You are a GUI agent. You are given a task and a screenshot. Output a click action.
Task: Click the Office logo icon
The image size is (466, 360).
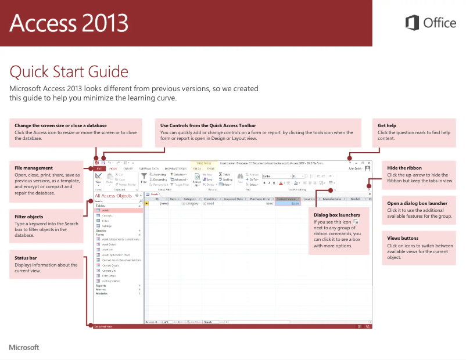[x=412, y=23]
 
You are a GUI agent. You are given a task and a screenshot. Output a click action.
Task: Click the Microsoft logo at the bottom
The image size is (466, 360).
[x=24, y=347]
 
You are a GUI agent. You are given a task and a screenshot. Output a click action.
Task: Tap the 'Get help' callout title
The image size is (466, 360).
[x=387, y=125]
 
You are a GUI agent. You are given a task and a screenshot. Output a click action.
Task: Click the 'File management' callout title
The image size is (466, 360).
[x=34, y=168]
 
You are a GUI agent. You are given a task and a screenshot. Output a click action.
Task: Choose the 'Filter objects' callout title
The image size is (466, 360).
[x=29, y=217]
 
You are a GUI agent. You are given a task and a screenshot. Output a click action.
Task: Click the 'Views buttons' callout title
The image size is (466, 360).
[x=403, y=238]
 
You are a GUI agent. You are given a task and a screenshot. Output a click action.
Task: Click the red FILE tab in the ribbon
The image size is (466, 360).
[x=98, y=168]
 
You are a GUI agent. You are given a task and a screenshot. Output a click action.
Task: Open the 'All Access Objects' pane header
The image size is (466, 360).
[x=113, y=196]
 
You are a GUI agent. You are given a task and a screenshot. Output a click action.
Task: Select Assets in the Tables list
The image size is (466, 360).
[x=106, y=210]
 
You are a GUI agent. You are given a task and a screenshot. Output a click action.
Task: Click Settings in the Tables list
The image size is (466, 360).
[x=107, y=226]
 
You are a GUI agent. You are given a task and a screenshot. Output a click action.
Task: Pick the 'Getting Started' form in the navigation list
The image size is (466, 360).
[x=110, y=280]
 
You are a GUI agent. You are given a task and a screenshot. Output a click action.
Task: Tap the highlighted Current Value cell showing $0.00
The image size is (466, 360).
[x=288, y=203]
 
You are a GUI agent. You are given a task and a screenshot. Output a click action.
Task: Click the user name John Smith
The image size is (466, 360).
[x=356, y=168]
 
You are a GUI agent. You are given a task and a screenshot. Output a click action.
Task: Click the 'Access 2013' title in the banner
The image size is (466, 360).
[x=69, y=23]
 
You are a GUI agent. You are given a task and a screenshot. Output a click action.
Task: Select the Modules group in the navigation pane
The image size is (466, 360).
[x=102, y=294]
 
